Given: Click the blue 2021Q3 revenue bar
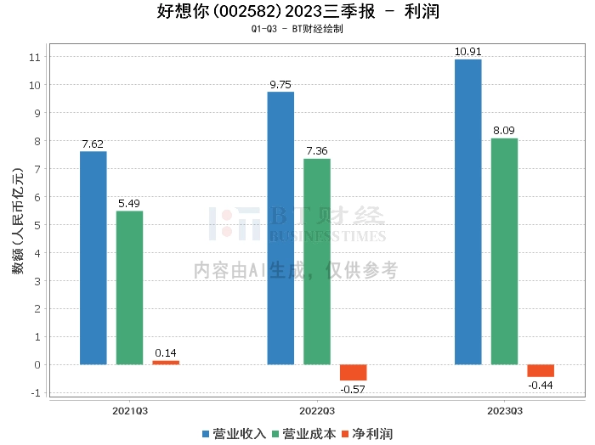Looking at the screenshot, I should click(x=93, y=258).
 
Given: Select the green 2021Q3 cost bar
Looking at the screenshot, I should click(x=129, y=288).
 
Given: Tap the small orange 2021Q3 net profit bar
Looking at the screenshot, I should click(x=166, y=363).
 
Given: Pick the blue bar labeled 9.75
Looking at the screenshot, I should click(x=280, y=228).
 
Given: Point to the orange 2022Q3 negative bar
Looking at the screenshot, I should click(x=353, y=373).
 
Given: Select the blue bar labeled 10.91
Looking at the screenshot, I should click(x=467, y=212).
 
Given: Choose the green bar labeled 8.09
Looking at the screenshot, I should click(x=504, y=251).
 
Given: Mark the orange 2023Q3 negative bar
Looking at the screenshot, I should click(x=541, y=371).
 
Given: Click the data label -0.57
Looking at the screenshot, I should click(x=353, y=389).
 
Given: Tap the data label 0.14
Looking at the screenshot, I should click(x=166, y=352).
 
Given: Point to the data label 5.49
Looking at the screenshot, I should click(x=129, y=204).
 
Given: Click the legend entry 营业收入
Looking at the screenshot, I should click(x=235, y=434).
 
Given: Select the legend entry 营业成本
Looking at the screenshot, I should click(x=303, y=434).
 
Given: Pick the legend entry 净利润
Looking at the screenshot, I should click(x=366, y=434).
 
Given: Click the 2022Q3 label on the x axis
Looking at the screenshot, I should click(x=317, y=410).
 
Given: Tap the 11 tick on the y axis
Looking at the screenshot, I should click(x=35, y=57).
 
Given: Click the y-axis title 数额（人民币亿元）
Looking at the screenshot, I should click(x=17, y=226).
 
